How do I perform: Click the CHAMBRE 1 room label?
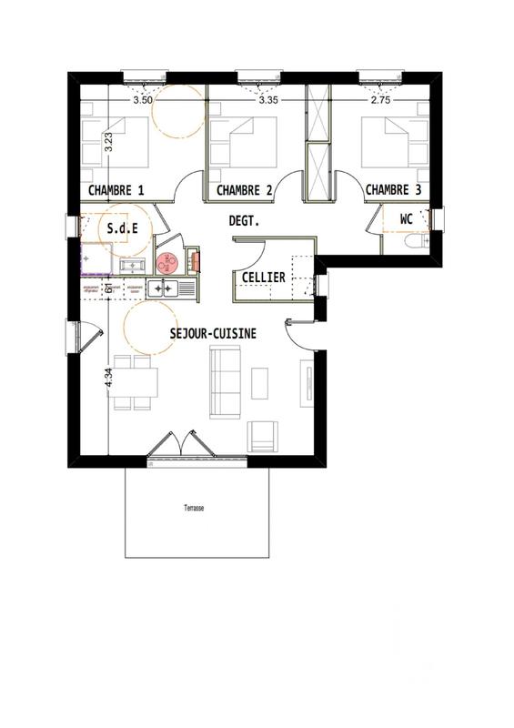tap(116, 190)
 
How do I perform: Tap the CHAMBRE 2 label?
tap(244, 190)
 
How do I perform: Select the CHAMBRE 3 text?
tap(393, 190)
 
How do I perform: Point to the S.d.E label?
tap(122, 228)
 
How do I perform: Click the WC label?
tap(407, 219)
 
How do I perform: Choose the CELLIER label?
tap(263, 277)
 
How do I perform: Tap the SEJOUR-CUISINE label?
tap(213, 334)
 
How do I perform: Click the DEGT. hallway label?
tap(244, 220)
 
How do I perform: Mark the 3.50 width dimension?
tap(142, 101)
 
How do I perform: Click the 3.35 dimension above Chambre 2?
tap(267, 101)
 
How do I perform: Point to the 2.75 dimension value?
tap(379, 101)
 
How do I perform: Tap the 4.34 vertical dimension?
tap(109, 378)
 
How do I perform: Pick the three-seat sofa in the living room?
tap(225, 381)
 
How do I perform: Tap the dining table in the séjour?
tap(135, 382)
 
